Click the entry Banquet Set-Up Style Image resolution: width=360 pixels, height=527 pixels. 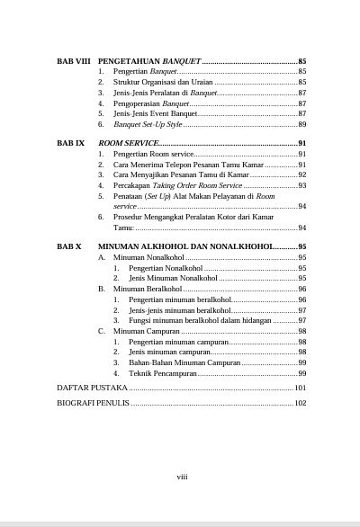click(148, 124)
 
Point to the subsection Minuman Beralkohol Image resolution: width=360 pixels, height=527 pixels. click(145, 290)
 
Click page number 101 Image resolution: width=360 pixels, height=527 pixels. click(301, 388)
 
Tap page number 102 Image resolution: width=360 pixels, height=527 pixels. click(301, 403)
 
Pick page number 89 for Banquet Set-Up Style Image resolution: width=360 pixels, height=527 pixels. click(302, 124)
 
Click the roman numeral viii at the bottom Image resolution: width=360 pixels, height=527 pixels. click(181, 478)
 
